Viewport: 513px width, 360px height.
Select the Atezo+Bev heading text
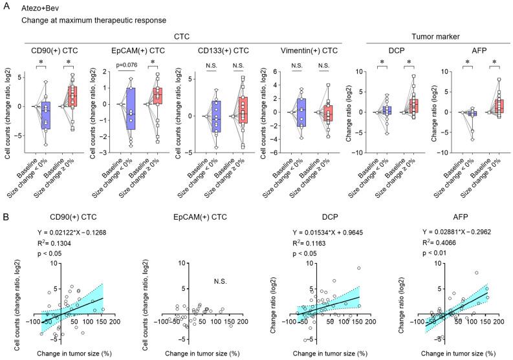pos(42,8)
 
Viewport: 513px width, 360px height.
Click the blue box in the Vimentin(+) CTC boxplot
pos(300,110)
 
